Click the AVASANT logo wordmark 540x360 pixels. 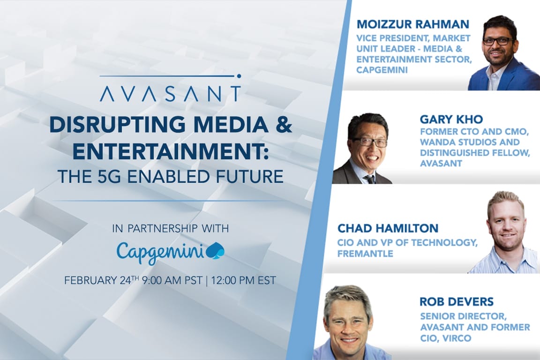coord(170,94)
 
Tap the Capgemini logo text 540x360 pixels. coord(160,251)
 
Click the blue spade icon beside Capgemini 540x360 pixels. coord(215,251)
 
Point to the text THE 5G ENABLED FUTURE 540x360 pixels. coord(170,176)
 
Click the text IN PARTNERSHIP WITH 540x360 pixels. coord(171,229)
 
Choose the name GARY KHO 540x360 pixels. coord(444,120)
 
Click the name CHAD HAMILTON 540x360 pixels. coord(388,228)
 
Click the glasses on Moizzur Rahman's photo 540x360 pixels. coord(497,41)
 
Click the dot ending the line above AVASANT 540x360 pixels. coord(239,75)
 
